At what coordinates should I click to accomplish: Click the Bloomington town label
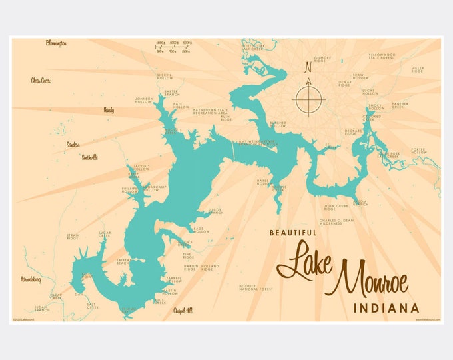coord(56,43)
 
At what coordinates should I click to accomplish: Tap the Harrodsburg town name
coord(31,279)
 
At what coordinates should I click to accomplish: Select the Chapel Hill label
coord(183,311)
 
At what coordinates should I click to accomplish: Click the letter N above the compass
coord(307,67)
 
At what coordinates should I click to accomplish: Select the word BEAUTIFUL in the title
coord(292,233)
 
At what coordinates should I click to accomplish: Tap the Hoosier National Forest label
coord(256,288)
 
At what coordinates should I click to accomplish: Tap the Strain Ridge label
coord(73,237)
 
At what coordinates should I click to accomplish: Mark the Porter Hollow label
coord(418,151)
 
